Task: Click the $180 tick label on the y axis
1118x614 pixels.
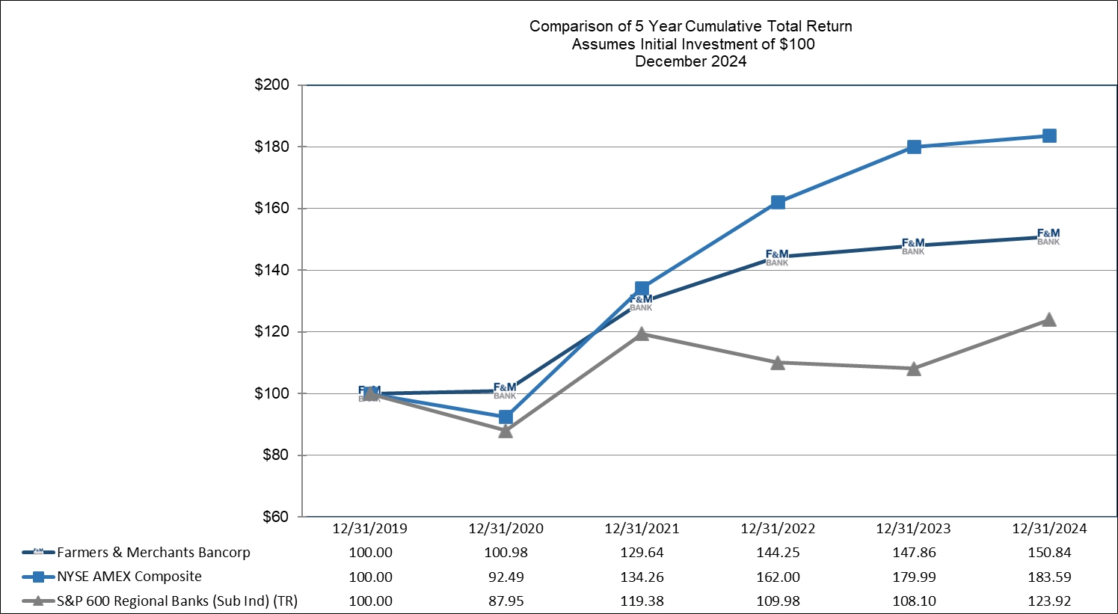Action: point(272,147)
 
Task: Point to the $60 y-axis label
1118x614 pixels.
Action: point(276,517)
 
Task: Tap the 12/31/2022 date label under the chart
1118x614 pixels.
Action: point(778,529)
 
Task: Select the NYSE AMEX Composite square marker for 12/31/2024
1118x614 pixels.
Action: point(1049,136)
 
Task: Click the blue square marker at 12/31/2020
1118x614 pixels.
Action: point(506,417)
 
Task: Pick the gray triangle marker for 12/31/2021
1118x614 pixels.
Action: point(642,334)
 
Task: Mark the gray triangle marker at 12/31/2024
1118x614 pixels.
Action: point(1049,319)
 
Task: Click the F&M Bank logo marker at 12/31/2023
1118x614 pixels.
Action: point(913,246)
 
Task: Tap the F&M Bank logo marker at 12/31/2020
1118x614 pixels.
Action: point(505,390)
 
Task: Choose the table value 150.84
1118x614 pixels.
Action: point(1049,553)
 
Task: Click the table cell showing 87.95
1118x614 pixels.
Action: point(506,601)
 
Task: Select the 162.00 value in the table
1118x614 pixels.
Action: point(778,577)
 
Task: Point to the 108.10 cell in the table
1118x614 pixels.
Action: point(913,601)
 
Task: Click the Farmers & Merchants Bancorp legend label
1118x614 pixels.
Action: point(154,553)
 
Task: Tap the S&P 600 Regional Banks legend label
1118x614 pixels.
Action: point(177,601)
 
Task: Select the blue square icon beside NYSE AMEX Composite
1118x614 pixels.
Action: point(38,577)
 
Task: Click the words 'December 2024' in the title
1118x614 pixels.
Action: point(691,61)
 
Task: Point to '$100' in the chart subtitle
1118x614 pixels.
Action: point(797,44)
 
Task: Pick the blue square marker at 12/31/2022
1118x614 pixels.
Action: point(778,202)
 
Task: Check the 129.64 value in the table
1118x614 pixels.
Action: point(642,553)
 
